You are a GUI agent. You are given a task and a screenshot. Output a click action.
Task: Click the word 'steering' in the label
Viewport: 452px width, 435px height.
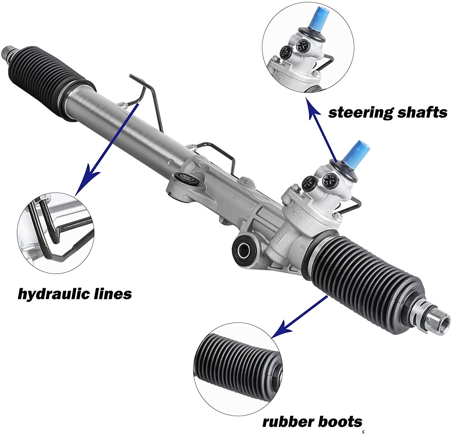pyautogui.click(x=360, y=113)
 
